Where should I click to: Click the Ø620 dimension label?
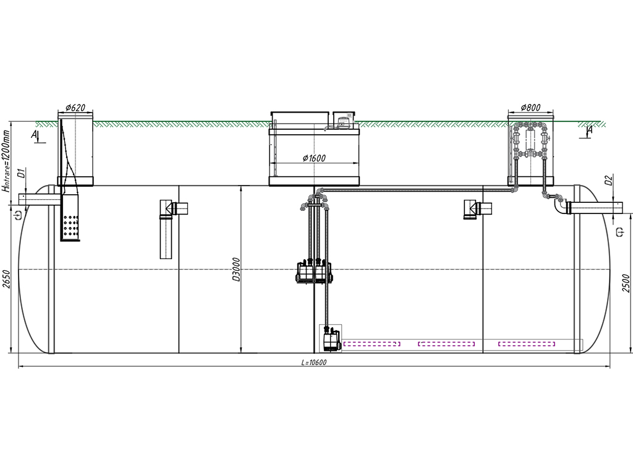click(x=75, y=108)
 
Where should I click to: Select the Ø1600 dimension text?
click(x=314, y=158)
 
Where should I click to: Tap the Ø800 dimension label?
click(x=530, y=108)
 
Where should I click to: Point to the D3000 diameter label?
click(x=237, y=270)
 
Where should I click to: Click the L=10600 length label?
click(x=313, y=362)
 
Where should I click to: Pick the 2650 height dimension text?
click(x=6, y=279)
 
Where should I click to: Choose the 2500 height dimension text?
click(x=626, y=283)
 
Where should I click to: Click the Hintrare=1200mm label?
click(x=6, y=161)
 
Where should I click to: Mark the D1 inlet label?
click(x=23, y=173)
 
